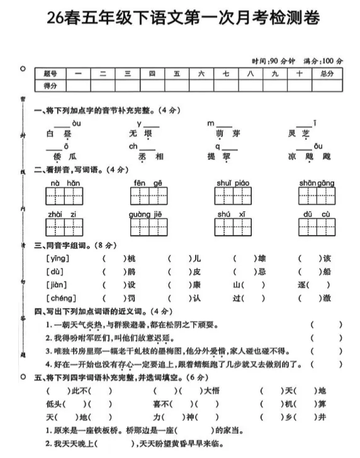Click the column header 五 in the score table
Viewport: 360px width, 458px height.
coord(177,74)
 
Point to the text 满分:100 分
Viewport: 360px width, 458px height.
coord(323,61)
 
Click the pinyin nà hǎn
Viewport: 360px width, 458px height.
coord(65,183)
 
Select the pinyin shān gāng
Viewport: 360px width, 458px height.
coord(317,183)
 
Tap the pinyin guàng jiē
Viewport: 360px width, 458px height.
coord(149,215)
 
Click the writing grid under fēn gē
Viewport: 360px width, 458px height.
coord(149,197)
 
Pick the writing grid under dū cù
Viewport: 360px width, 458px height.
coord(317,229)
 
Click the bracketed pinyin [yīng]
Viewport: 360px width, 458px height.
coord(57,258)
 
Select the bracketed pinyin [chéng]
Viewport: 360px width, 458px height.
coord(61,298)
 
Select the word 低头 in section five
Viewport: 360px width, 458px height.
coord(55,404)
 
